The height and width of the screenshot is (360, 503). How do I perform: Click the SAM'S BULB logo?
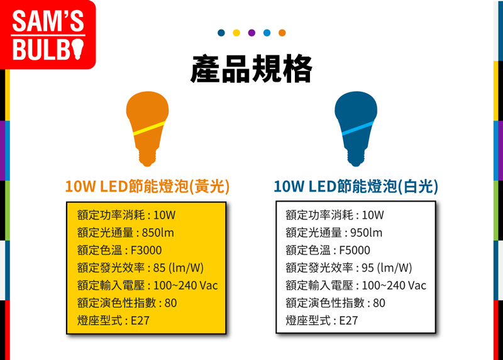[x=48, y=35]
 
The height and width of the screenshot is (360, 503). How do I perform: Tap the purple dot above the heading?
[x=251, y=33]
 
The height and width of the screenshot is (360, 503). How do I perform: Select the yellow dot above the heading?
[x=236, y=33]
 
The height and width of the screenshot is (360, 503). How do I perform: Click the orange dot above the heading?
[x=282, y=33]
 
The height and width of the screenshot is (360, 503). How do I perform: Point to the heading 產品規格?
[x=251, y=69]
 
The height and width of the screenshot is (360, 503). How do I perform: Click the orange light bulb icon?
[x=147, y=129]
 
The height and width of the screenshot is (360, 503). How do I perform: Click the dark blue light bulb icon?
[x=356, y=129]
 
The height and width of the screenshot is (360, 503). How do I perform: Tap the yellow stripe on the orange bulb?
[x=149, y=128]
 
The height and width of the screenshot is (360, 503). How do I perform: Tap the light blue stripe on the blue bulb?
[x=358, y=128]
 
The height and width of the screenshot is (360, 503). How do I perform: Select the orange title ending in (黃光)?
[x=147, y=186]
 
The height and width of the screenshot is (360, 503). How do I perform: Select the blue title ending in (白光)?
[x=356, y=186]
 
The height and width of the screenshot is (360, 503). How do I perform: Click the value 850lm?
[x=158, y=232]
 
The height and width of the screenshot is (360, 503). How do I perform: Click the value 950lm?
[x=367, y=232]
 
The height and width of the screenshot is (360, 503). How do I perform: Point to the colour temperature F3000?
[x=146, y=250]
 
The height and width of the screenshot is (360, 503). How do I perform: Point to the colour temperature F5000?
[x=355, y=250]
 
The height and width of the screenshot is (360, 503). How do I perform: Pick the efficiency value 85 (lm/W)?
[x=179, y=268]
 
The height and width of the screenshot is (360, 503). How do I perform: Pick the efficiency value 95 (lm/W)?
[x=387, y=268]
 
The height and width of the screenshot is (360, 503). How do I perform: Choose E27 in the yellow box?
[x=140, y=320]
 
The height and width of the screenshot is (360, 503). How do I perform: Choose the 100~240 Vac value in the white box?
[x=394, y=285]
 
